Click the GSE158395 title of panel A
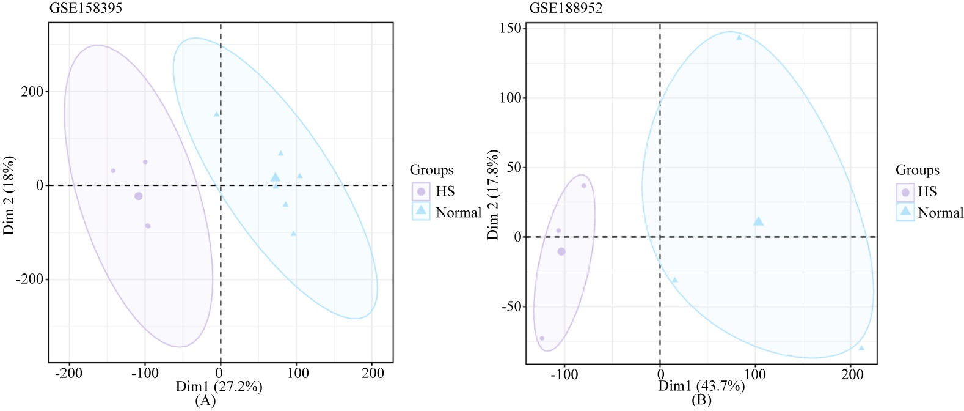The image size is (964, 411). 86,9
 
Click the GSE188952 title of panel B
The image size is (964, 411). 566,8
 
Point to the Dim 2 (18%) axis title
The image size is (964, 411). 10,195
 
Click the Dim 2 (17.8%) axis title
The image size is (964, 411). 494,194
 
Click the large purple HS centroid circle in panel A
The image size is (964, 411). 139,196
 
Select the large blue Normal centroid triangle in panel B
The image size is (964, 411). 758,221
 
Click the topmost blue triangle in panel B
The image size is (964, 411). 739,37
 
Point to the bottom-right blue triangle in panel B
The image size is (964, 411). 861,348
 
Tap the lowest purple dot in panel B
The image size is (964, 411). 542,338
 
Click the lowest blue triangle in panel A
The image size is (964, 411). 294,233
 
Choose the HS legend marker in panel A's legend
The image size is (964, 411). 421,191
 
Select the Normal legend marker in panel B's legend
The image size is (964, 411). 905,212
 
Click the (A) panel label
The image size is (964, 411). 205,401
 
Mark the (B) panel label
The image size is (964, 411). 701,401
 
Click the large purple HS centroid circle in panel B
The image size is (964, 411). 561,251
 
